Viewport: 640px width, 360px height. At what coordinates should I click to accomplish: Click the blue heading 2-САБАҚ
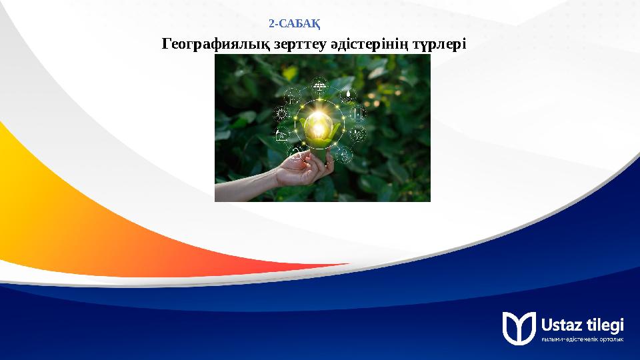[295, 25]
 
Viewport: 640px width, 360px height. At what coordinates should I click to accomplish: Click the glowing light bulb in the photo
[319, 125]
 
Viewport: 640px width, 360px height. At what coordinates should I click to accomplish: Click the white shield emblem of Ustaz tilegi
[519, 327]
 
